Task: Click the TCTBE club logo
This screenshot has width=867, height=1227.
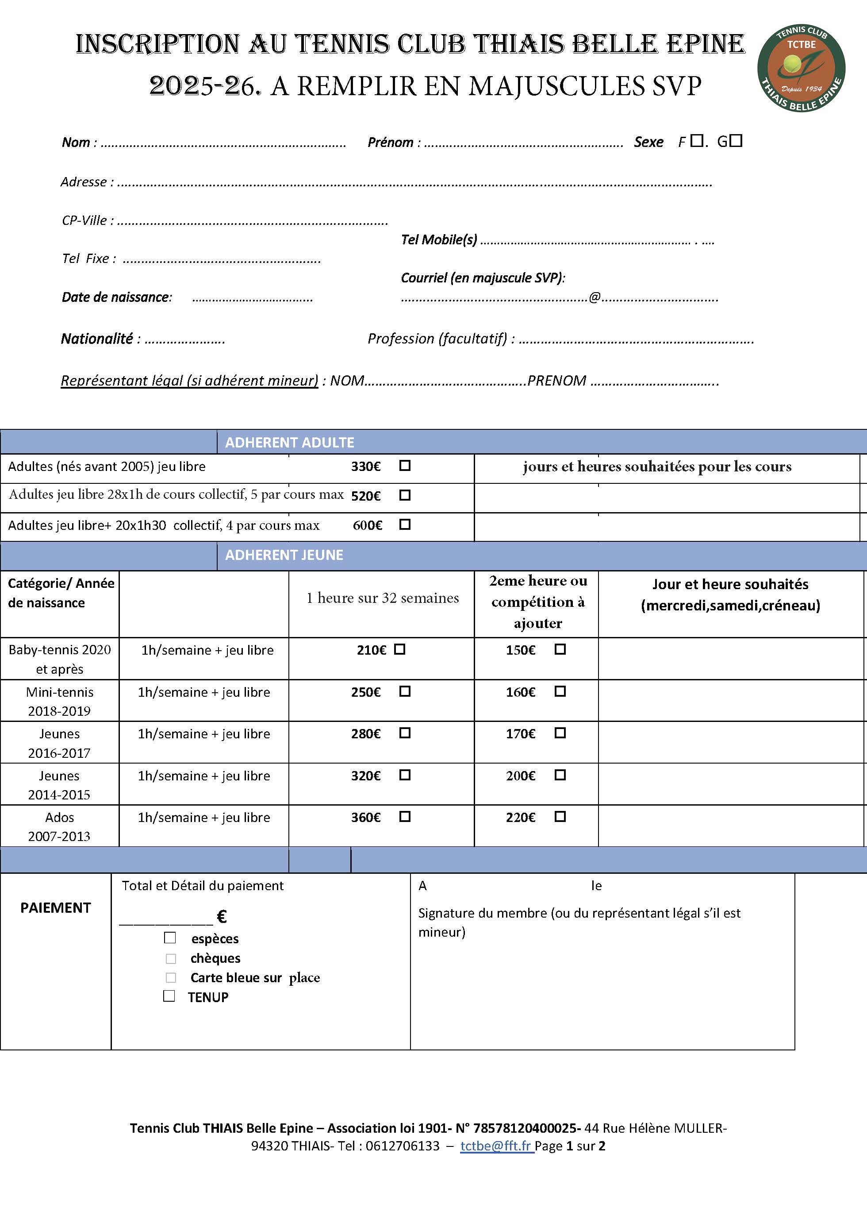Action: pos(801,68)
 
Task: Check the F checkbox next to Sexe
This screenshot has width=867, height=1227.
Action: pos(696,141)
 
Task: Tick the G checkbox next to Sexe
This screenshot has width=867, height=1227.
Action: pos(736,141)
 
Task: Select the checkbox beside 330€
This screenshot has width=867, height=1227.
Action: pos(405,466)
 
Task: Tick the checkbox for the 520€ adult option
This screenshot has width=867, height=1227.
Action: pos(405,495)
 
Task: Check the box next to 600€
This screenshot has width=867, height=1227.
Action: pos(405,524)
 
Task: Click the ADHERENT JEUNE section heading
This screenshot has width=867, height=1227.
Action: pos(284,555)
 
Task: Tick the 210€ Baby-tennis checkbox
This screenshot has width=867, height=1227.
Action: pos(399,649)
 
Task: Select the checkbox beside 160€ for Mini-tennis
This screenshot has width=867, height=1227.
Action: pos(560,691)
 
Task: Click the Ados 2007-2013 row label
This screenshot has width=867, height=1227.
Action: pos(59,826)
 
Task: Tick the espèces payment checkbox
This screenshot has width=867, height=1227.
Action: pos(170,938)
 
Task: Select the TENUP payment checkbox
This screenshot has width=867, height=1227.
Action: pos(169,996)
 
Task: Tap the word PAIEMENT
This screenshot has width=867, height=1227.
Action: pos(56,908)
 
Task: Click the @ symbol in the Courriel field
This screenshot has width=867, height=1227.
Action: pos(595,297)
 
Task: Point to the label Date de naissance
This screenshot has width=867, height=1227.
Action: pos(116,297)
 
